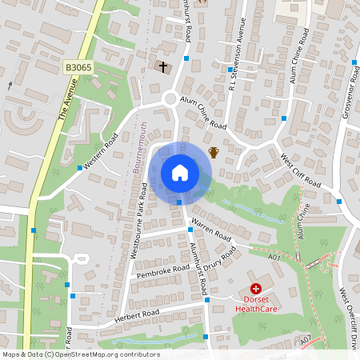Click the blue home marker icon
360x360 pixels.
(x=180, y=173)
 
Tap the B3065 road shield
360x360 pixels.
(x=78, y=70)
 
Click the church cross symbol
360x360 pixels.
(x=164, y=67)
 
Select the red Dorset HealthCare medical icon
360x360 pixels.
(x=255, y=289)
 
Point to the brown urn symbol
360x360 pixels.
(x=214, y=152)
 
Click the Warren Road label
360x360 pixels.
(x=211, y=229)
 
